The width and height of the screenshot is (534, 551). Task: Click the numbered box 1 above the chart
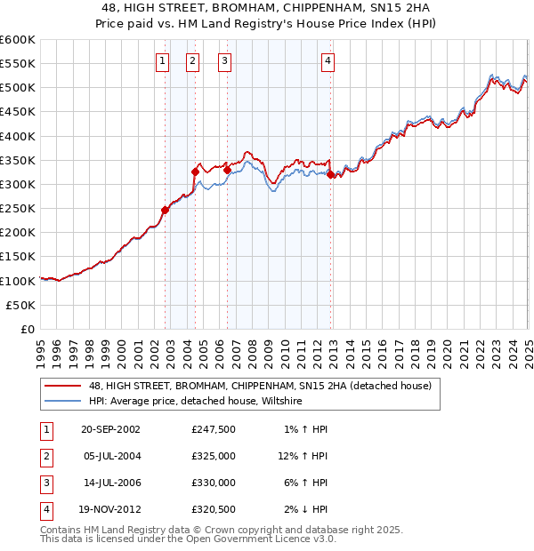click(163, 61)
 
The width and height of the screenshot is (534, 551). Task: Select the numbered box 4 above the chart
click(328, 61)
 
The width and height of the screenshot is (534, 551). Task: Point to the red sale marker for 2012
click(331, 174)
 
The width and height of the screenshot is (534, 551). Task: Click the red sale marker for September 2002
click(166, 210)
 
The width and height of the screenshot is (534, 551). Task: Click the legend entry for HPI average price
click(196, 402)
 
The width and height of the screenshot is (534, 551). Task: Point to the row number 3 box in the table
click(44, 483)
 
